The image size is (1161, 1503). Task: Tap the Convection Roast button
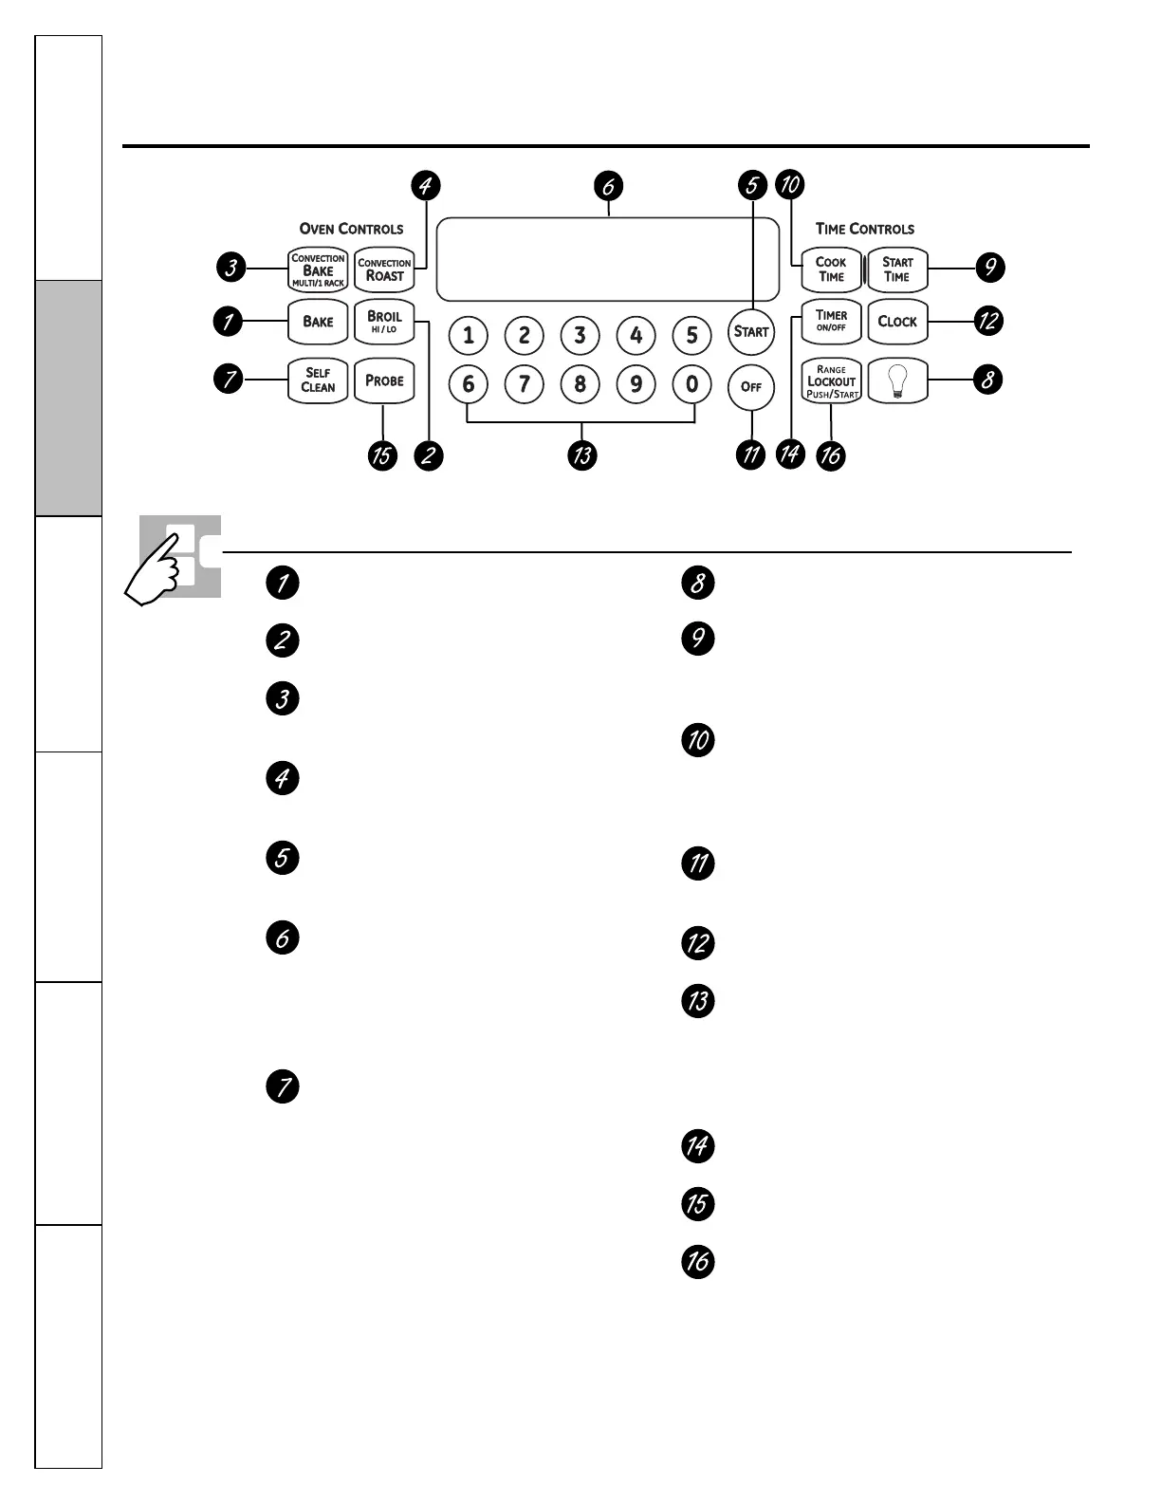coord(384,269)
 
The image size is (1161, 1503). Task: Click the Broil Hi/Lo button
coord(384,322)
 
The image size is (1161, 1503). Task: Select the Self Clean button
coord(318,380)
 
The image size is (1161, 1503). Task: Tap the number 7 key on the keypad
coord(524,385)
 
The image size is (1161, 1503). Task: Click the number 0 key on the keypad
coord(692,385)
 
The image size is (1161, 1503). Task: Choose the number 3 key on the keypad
coord(580,335)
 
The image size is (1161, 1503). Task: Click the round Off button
coord(751,387)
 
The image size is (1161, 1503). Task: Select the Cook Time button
coord(831,269)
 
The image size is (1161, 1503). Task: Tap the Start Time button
coord(897,269)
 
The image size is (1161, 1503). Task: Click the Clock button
coord(897,322)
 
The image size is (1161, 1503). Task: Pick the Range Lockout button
coord(831,380)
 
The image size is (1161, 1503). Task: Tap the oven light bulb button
coord(897,380)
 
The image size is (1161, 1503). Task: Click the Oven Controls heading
coord(351,229)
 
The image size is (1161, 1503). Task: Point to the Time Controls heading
coord(864,229)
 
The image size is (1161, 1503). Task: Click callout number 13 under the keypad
coord(581,455)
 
